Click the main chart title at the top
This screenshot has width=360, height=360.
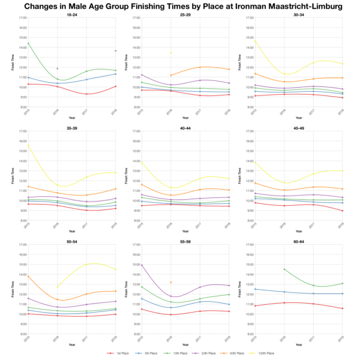click(180, 6)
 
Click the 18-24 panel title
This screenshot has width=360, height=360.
click(71, 14)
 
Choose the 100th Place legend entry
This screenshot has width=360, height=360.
click(263, 354)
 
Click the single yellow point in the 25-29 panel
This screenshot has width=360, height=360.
click(170, 53)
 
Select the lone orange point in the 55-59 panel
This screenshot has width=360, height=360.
click(170, 282)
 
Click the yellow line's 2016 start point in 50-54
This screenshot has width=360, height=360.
click(58, 287)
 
